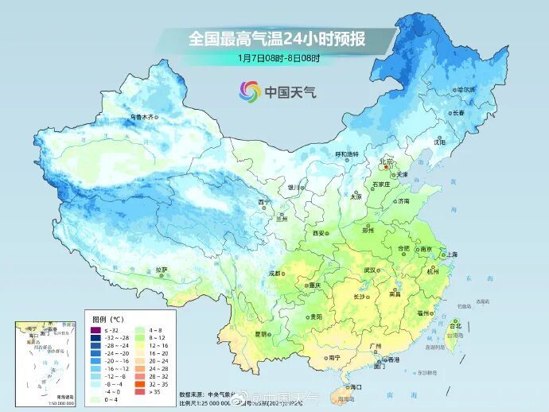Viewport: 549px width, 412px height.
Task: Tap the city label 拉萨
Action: click(x=162, y=270)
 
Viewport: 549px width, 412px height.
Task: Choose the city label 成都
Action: click(x=274, y=273)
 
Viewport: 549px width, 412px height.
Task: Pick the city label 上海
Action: click(x=453, y=254)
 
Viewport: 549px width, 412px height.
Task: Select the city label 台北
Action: click(x=456, y=326)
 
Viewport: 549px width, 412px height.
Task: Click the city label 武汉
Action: click(x=368, y=270)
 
